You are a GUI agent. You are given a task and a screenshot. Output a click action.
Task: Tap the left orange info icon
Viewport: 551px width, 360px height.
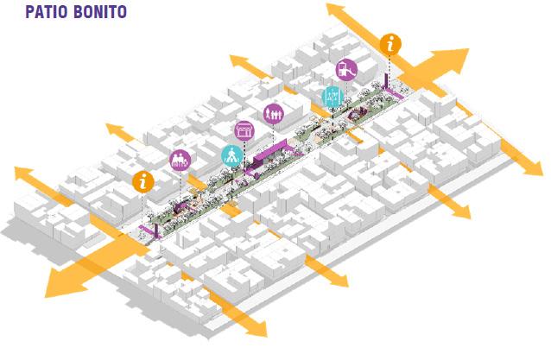(x=143, y=181)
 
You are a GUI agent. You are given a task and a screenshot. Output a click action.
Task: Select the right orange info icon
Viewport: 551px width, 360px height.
(x=391, y=44)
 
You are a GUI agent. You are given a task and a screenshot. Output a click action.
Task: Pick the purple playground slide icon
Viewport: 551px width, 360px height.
(x=346, y=69)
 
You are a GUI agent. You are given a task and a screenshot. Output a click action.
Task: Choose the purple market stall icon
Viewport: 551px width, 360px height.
(x=244, y=131)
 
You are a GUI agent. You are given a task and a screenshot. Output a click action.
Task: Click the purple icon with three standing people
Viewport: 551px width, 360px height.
(x=274, y=113)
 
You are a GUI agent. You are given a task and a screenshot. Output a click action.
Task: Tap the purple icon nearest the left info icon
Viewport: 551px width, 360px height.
(x=180, y=160)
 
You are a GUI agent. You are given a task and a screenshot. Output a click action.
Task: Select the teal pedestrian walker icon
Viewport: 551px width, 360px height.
(x=231, y=155)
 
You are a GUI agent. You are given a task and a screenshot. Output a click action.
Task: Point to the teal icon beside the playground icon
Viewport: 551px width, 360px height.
(x=332, y=96)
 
